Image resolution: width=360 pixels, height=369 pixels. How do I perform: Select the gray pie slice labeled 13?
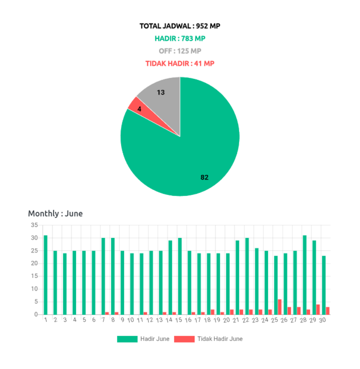pos(162,97)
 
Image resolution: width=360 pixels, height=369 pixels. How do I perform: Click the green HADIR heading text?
pos(180,38)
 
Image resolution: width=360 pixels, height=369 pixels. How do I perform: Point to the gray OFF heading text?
pos(180,51)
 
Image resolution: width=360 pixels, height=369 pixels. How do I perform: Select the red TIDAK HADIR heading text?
pos(180,63)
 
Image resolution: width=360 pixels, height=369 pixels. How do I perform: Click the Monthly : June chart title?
pos(55,213)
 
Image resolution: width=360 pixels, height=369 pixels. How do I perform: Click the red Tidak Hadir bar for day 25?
pos(280,306)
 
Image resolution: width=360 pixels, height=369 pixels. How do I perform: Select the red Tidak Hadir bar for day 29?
pos(318,309)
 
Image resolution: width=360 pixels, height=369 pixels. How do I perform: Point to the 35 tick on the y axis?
pos(34,225)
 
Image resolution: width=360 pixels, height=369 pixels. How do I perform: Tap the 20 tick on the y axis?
pos(34,263)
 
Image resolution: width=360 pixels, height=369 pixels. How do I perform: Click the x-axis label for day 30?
pos(322,320)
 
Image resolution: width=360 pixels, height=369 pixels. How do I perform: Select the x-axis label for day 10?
pos(131,320)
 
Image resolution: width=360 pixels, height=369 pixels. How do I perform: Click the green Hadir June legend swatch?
pos(127,339)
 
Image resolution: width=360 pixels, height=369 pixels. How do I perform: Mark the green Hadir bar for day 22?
pos(247,276)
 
